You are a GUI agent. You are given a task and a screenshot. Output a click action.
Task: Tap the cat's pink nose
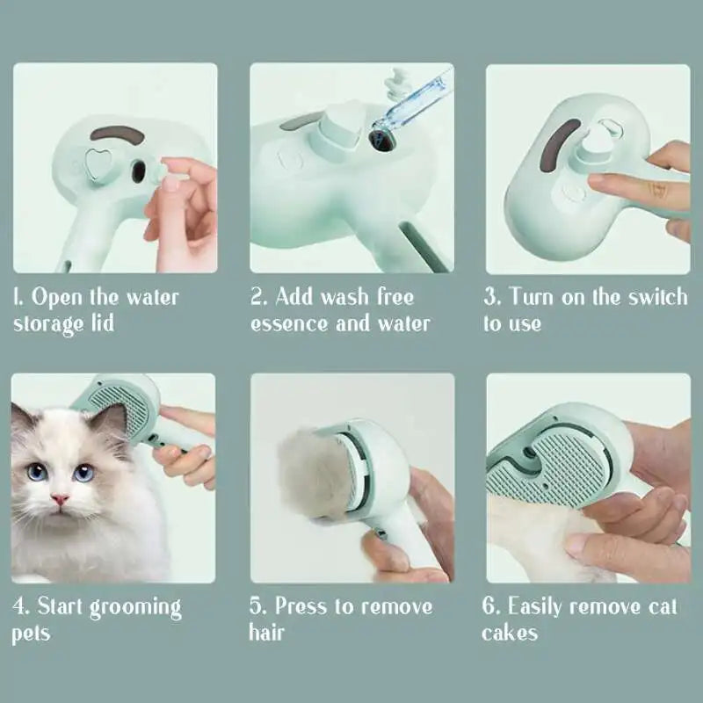59,500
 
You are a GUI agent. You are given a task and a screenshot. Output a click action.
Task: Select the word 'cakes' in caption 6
509,633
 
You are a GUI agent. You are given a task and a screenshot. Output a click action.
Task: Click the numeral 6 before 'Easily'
489,606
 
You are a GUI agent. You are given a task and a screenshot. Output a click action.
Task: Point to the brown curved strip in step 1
118,134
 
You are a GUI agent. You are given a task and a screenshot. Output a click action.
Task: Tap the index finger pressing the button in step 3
615,184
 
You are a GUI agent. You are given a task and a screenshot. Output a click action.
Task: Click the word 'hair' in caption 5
267,633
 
